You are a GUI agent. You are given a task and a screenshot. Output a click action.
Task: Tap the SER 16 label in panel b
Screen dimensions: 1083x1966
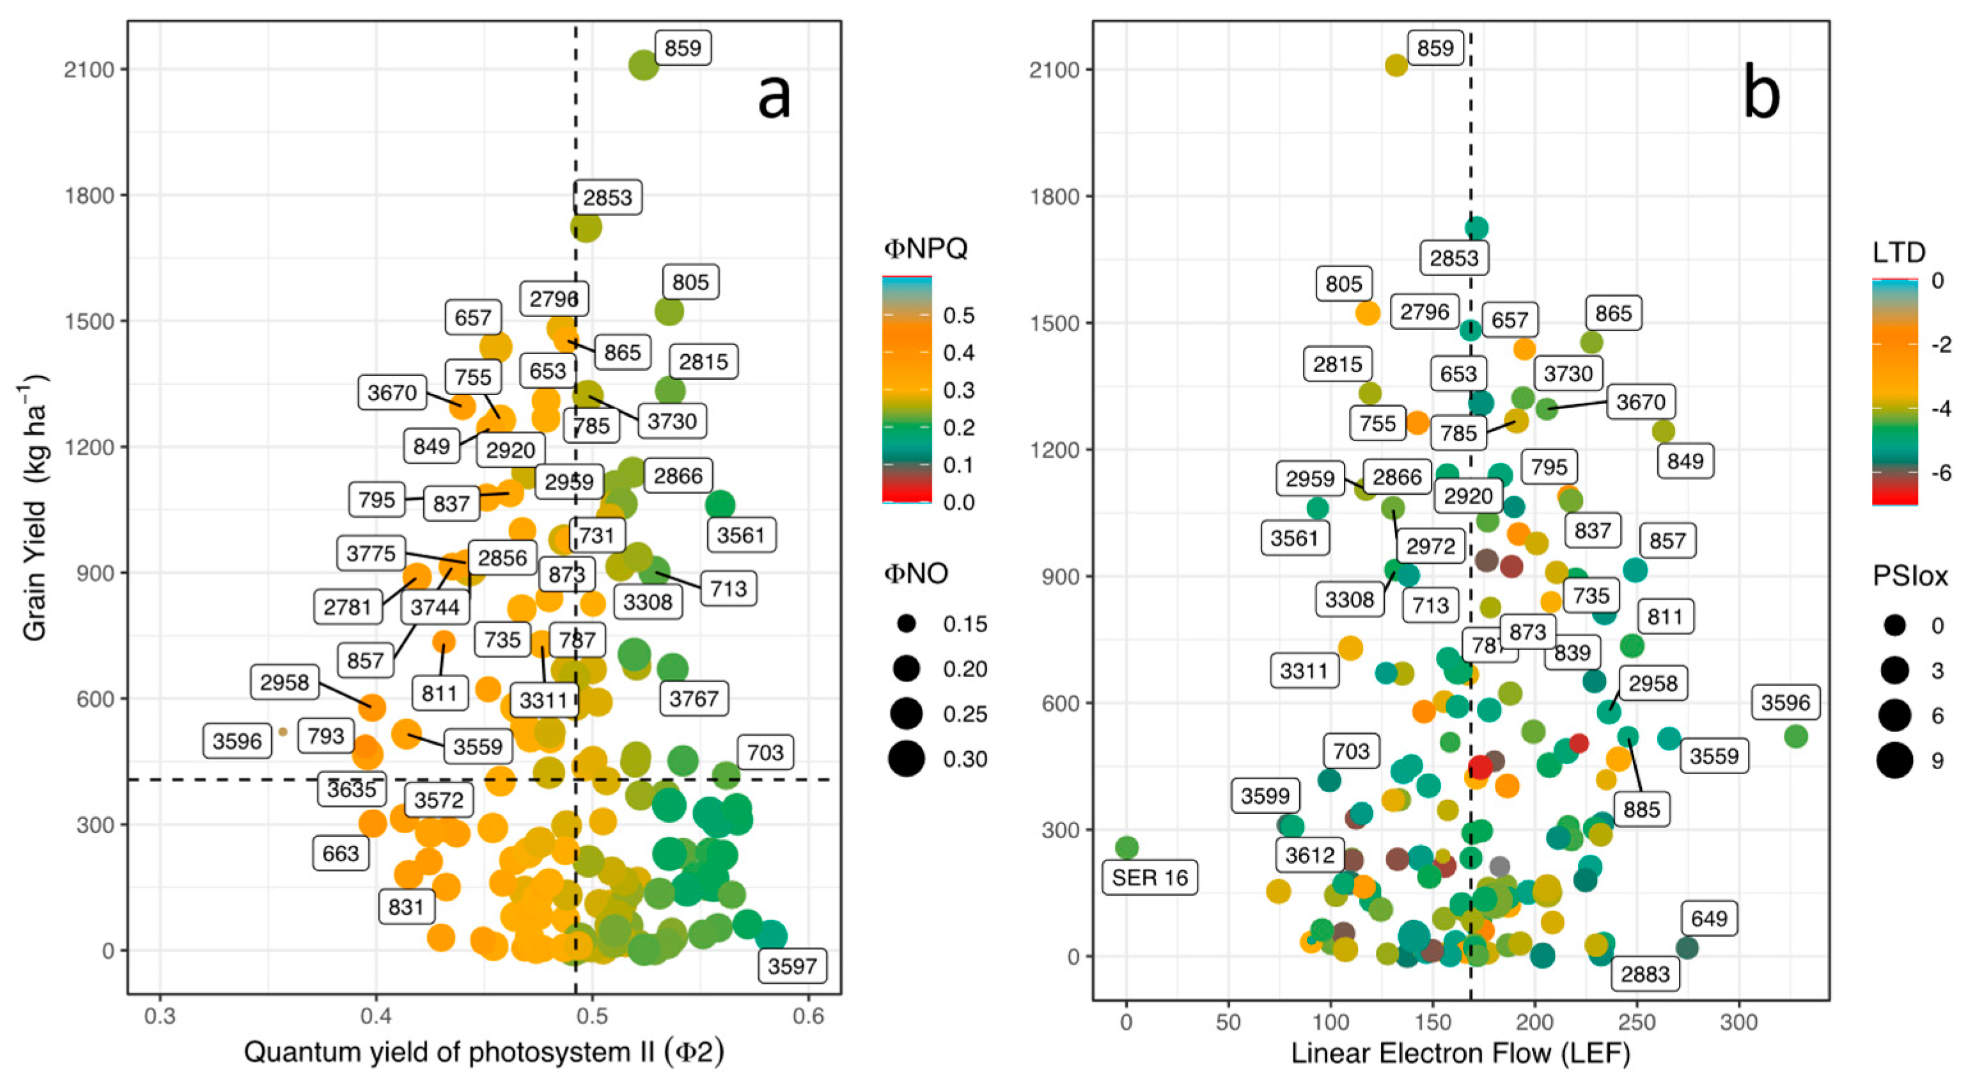[1150, 878]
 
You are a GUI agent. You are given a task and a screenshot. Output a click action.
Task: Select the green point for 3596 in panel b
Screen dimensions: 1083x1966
[1796, 736]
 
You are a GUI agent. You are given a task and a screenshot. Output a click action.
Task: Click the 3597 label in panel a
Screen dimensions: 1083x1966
[792, 966]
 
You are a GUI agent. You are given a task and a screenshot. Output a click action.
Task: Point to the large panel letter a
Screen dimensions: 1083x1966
[773, 95]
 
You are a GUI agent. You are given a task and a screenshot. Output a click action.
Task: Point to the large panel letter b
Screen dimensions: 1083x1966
[1761, 95]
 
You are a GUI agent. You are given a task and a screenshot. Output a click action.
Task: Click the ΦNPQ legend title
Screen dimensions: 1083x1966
[925, 249]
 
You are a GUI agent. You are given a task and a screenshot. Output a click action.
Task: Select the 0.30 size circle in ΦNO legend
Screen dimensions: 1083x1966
[907, 759]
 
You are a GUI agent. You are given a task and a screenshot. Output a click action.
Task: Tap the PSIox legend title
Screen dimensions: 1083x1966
[1910, 576]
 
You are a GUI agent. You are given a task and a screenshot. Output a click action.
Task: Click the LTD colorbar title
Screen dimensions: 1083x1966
[1898, 252]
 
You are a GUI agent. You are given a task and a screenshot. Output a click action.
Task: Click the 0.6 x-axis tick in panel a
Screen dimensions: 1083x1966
[808, 1017]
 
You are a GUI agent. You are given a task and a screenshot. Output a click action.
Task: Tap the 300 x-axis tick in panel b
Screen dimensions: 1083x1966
[1738, 1022]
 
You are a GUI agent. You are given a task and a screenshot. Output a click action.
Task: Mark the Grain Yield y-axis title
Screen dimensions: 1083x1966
[35, 508]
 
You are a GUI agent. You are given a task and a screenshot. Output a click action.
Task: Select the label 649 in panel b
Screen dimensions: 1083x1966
[1709, 918]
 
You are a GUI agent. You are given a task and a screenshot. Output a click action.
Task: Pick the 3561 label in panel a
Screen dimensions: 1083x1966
[740, 535]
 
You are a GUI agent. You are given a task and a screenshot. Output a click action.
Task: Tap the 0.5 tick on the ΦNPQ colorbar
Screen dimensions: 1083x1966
[958, 315]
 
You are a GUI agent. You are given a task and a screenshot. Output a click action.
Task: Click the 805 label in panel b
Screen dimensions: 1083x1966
[1343, 284]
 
